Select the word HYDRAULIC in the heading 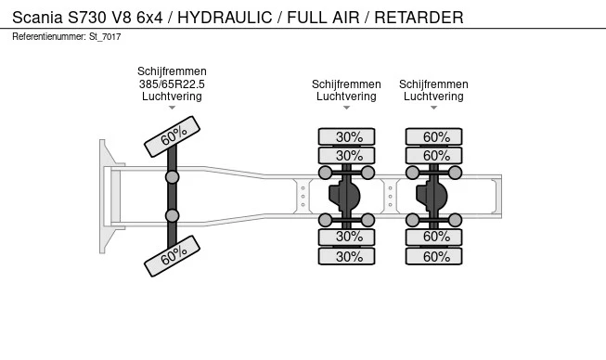(x=225, y=18)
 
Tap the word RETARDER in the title (x=419, y=18)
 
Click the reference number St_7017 (x=105, y=37)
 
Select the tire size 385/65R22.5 (x=172, y=84)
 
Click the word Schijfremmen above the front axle (x=172, y=71)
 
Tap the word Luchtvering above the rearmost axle (x=433, y=96)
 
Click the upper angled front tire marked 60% (x=172, y=136)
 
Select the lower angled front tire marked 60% (x=172, y=256)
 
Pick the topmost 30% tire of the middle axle (x=347, y=136)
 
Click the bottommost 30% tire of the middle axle (x=347, y=256)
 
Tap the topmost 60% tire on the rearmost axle (x=433, y=136)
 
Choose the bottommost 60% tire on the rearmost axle (x=433, y=256)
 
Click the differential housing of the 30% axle (x=344, y=196)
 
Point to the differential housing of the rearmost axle (x=432, y=196)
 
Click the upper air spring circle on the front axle (x=172, y=177)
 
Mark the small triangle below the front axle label (x=172, y=108)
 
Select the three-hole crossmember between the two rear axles (x=390, y=196)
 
